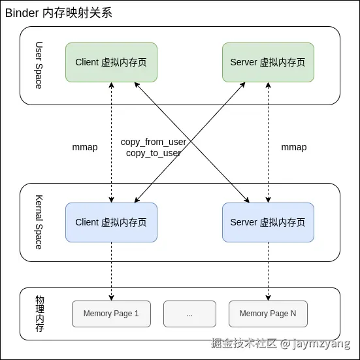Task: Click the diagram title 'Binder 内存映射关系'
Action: pos(59,13)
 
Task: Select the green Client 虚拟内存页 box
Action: pos(111,62)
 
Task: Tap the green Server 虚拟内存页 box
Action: pos(268,62)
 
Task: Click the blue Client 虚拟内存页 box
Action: pos(111,222)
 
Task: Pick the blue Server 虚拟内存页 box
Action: pos(268,222)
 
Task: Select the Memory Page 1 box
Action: pos(111,314)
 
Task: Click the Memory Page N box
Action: pos(268,314)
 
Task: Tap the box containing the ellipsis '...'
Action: pos(189,314)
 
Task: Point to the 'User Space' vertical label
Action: pos(39,65)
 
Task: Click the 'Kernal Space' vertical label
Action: pos(39,222)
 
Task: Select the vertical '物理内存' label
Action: pos(40,314)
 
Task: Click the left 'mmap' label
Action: pos(85,147)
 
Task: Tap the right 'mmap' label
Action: pos(294,147)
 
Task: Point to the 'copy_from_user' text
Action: pos(154,142)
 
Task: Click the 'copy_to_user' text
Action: pos(154,153)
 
